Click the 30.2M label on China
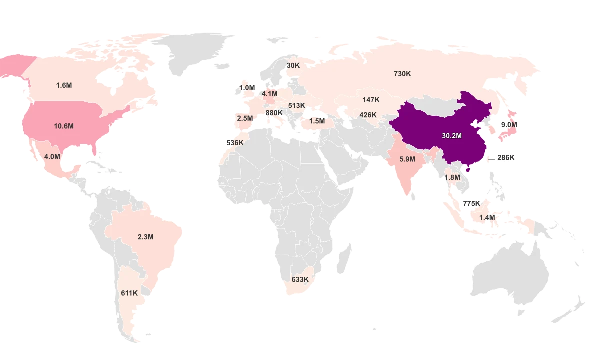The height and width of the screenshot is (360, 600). click(452, 136)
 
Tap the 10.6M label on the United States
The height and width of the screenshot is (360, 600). click(64, 126)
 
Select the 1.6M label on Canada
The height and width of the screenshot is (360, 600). click(64, 85)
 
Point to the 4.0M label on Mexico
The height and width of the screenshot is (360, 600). click(52, 156)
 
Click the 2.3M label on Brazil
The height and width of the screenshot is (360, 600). click(145, 237)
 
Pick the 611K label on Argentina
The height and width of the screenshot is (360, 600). click(129, 293)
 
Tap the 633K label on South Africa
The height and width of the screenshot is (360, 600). click(300, 279)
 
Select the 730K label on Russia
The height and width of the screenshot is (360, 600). click(402, 74)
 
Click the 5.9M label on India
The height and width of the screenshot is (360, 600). click(407, 159)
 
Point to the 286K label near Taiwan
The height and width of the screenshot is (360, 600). click(505, 158)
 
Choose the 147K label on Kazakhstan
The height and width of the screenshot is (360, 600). click(371, 100)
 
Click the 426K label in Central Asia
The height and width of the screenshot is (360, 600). click(368, 115)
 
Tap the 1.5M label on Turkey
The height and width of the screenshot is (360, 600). click(317, 121)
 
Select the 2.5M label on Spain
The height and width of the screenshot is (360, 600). click(245, 118)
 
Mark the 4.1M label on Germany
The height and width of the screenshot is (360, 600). click(269, 93)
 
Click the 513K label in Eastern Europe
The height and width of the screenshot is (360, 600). click(297, 106)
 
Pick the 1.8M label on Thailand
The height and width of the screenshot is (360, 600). click(452, 177)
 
